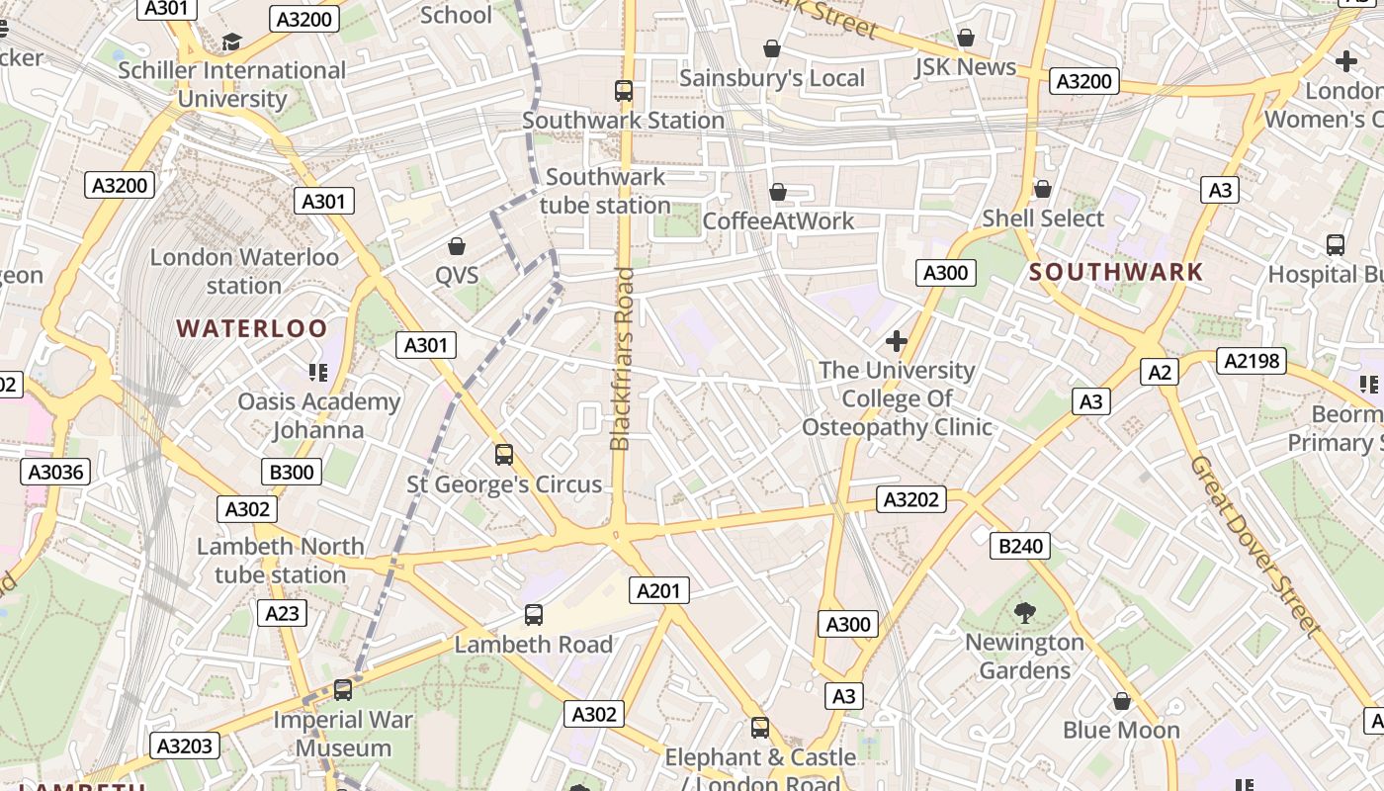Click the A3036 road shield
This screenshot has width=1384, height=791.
point(55,472)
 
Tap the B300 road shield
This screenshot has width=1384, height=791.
point(292,472)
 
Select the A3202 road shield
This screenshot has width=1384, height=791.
point(910,499)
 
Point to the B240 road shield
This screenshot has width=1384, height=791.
point(1020,545)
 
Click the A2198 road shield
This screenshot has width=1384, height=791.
point(1252,361)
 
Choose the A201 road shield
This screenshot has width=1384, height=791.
point(659,591)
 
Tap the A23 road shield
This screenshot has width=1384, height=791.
point(282,613)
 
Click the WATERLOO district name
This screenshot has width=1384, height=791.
point(251,329)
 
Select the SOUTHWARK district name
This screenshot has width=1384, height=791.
point(1116,272)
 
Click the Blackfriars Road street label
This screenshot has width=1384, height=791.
point(622,358)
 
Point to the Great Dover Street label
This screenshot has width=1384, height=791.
point(1254,545)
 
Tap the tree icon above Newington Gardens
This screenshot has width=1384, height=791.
point(1025,613)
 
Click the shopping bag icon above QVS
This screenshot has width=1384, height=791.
point(457,245)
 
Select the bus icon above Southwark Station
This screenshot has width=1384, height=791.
point(624,91)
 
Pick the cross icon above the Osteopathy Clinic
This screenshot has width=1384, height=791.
point(897,341)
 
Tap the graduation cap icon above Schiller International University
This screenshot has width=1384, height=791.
point(231,42)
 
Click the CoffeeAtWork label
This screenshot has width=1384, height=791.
point(778,220)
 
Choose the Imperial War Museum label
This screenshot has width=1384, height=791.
point(343,734)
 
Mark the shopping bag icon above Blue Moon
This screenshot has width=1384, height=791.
point(1121,701)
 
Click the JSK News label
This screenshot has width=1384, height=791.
point(965,67)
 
